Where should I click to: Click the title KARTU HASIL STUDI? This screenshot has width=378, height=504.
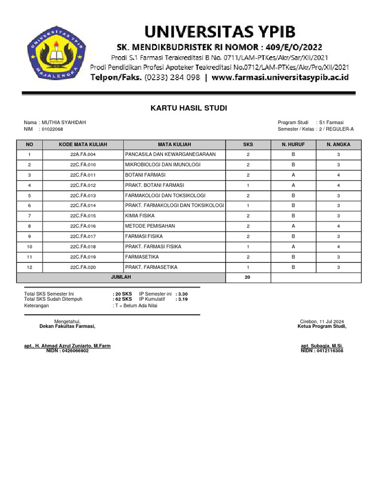point(189,108)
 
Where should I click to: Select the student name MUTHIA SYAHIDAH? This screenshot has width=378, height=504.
point(60,123)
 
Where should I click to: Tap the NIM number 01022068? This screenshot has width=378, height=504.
point(52,129)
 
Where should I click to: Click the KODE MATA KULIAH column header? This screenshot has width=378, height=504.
point(83,145)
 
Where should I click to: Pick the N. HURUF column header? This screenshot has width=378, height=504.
point(293,145)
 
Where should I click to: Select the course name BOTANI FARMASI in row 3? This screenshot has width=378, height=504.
point(145,175)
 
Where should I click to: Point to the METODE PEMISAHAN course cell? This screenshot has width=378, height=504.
point(150,226)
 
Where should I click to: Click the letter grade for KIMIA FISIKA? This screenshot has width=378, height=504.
point(293,216)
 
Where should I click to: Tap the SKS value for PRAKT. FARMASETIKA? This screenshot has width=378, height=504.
point(248,267)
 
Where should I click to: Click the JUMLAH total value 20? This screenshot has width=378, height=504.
point(248,278)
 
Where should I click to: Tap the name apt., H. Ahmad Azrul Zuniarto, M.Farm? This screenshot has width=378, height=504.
point(67,346)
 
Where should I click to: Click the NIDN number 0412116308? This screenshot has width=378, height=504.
point(329,351)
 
